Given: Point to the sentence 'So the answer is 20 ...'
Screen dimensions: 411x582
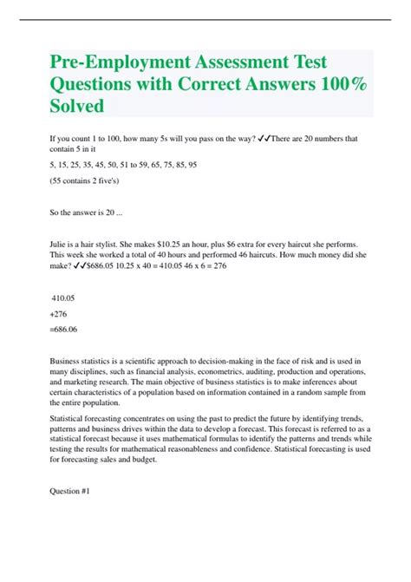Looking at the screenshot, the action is pyautogui.click(x=89, y=210).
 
